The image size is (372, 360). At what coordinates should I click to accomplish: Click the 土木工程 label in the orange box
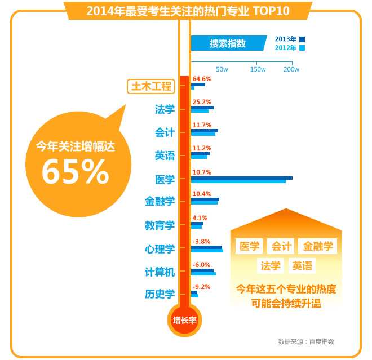[151, 86]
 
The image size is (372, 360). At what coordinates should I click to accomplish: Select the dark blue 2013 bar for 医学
[241, 178]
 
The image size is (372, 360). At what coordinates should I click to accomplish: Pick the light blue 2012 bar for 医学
[238, 181]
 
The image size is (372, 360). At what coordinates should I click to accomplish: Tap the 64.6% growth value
[202, 79]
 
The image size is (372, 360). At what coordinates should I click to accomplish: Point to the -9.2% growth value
[201, 287]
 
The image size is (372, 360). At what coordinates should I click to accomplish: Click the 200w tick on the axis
[291, 69]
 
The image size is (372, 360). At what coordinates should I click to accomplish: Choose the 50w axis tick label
[222, 69]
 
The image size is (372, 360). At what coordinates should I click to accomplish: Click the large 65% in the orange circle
[75, 172]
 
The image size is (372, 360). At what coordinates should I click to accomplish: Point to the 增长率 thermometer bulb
[184, 320]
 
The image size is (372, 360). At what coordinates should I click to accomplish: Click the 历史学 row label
[160, 294]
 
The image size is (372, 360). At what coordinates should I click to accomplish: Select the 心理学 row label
[160, 248]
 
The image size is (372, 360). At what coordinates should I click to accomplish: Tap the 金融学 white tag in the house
[317, 246]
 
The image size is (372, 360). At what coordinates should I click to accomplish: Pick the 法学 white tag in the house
[271, 266]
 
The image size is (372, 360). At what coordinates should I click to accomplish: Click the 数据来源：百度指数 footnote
[306, 341]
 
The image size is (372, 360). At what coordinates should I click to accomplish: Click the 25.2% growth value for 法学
[202, 102]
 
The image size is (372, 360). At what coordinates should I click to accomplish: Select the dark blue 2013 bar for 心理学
[206, 247]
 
